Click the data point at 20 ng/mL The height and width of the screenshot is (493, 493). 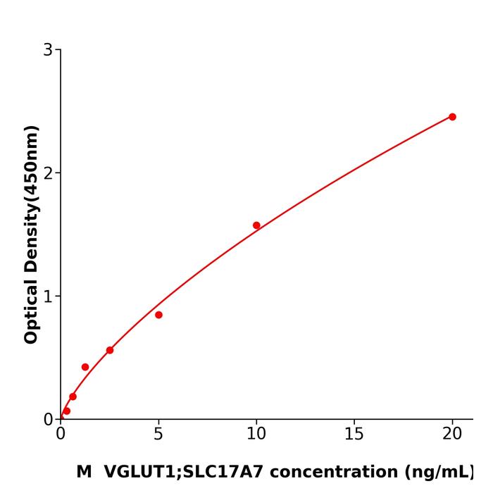click(x=452, y=117)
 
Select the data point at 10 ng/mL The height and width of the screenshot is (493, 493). click(x=256, y=225)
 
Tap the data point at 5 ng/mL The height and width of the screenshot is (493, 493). click(x=158, y=315)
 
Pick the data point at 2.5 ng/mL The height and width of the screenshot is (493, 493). click(x=110, y=350)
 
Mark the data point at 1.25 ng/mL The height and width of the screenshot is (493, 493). click(x=85, y=367)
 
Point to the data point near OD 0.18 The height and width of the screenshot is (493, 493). click(x=73, y=397)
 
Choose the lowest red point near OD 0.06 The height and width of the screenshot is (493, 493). click(x=66, y=411)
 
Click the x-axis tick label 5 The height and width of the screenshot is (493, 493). click(x=158, y=435)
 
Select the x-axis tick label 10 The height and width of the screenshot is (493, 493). click(x=256, y=435)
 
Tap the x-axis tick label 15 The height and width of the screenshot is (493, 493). click(x=354, y=435)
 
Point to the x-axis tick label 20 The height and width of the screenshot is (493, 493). click(x=452, y=435)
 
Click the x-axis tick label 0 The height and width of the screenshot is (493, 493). click(x=61, y=435)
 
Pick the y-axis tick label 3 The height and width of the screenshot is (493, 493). click(x=48, y=50)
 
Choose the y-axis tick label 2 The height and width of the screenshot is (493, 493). click(x=48, y=173)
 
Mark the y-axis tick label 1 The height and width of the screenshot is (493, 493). click(x=48, y=297)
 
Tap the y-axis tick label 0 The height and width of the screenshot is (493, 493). click(x=48, y=420)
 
